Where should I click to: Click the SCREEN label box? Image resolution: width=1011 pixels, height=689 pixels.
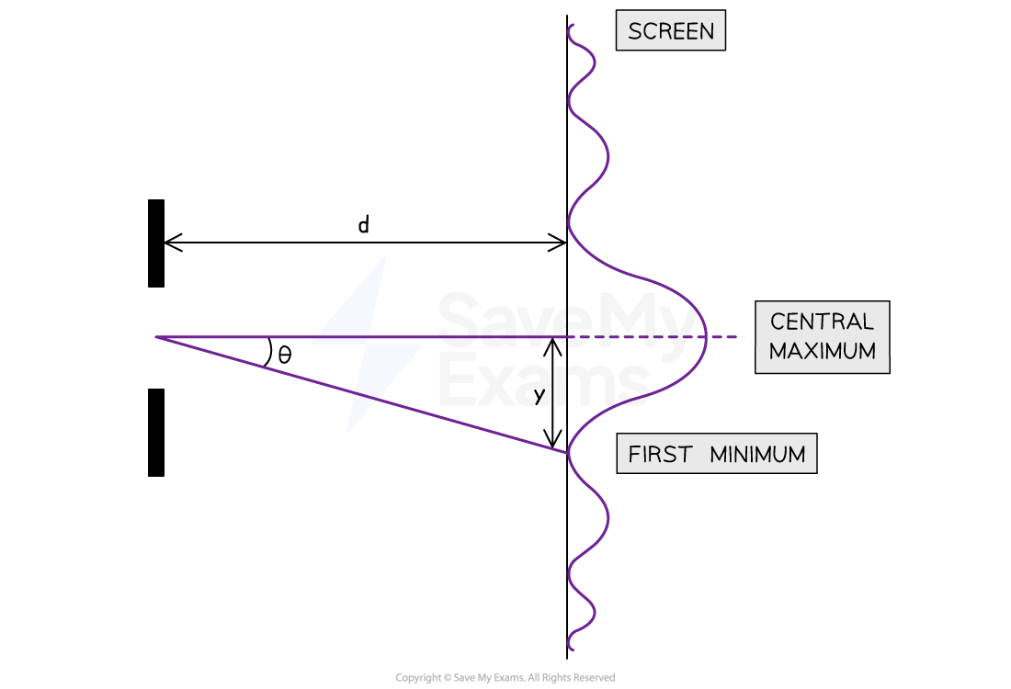point(671,30)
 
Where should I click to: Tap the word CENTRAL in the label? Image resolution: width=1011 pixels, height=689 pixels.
point(822,321)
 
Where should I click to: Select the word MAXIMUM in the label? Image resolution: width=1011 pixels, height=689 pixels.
point(822,351)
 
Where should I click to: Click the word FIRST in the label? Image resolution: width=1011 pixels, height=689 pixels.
point(660,455)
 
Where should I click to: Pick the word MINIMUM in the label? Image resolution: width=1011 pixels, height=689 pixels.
point(757,455)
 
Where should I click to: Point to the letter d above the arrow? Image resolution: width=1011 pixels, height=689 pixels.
point(364,224)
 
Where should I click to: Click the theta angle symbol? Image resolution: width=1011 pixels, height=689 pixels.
point(284,355)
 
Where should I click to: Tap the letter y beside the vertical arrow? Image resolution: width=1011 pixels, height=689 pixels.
point(540,394)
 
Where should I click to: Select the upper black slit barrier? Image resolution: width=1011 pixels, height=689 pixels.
point(156,243)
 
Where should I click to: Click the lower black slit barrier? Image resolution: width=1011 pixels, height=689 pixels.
point(156,433)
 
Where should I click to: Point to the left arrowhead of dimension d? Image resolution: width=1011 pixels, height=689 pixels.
point(173,243)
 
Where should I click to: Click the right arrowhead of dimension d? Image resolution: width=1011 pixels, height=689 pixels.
point(558,243)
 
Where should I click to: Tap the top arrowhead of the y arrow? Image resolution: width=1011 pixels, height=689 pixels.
point(552,346)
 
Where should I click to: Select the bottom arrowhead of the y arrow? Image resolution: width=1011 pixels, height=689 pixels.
point(552,438)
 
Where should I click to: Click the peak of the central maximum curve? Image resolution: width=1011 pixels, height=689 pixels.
point(706,336)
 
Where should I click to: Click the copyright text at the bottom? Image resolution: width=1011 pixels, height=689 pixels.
point(505,677)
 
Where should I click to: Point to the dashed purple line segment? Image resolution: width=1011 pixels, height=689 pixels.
point(653,336)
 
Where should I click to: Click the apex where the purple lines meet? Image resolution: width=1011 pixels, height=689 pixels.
point(156,336)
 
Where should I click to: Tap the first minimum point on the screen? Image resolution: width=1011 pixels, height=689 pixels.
point(568,453)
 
